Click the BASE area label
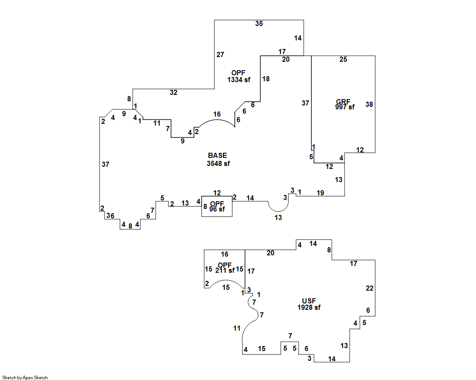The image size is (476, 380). (217, 155)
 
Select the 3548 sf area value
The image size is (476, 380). (218, 163)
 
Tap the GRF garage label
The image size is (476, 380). (343, 102)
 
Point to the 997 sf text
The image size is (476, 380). (345, 107)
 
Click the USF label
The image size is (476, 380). (309, 301)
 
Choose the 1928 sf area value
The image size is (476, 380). (309, 308)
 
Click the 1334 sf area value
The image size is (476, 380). (239, 80)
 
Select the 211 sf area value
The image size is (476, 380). (225, 270)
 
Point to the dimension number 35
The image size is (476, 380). (259, 24)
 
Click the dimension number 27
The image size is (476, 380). (220, 54)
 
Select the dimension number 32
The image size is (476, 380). (174, 92)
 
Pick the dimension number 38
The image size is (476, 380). (369, 104)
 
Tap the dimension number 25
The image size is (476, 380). (343, 60)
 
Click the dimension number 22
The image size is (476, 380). (370, 288)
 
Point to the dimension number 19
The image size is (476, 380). (320, 193)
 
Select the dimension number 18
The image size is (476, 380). (266, 79)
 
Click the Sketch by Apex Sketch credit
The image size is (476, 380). (25, 377)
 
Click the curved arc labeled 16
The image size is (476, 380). (217, 120)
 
